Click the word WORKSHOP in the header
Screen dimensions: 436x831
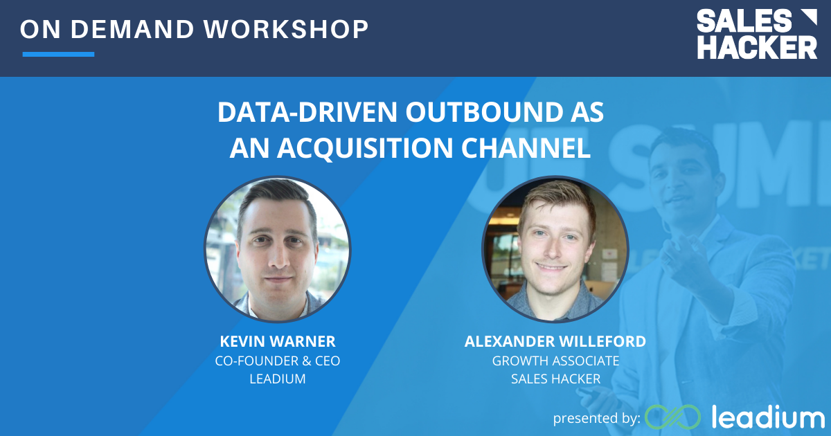pos(292,29)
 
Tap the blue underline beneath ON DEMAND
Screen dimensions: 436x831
pos(58,54)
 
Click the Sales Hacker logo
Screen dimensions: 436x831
pos(756,35)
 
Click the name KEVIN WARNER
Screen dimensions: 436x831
pos(277,341)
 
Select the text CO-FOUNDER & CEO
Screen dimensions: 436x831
pos(277,361)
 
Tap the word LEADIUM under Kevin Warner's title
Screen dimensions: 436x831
pos(277,379)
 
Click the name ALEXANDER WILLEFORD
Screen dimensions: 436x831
pos(555,341)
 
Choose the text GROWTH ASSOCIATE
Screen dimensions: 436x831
pos(555,361)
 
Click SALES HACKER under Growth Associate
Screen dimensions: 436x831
pos(555,379)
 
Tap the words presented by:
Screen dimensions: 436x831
pos(596,418)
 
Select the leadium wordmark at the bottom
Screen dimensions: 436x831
pos(767,417)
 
